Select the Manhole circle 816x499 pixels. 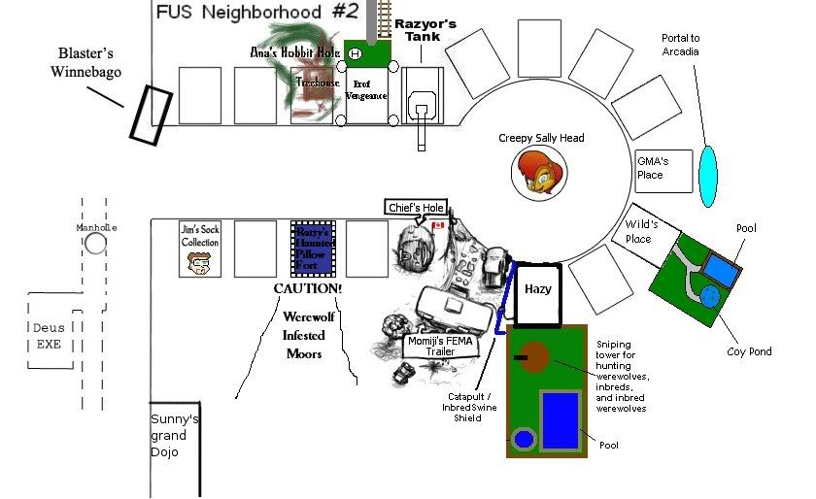(94, 242)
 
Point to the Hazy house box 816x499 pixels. (537, 292)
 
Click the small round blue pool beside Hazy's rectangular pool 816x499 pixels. (525, 440)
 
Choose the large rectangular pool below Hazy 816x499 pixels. (561, 419)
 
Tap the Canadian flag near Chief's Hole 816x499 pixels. (437, 225)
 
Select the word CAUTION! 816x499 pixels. (307, 289)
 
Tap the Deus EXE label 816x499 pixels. (49, 335)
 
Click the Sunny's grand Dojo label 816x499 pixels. (174, 435)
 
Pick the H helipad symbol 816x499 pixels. (355, 53)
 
